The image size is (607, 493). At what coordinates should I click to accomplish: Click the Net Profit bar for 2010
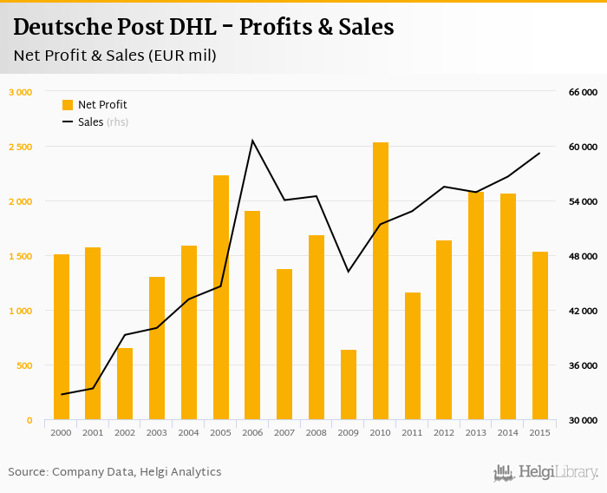pyautogui.click(x=381, y=281)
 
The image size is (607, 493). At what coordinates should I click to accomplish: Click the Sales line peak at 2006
pyautogui.click(x=252, y=141)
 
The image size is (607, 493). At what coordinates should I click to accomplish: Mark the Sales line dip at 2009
pyautogui.click(x=349, y=272)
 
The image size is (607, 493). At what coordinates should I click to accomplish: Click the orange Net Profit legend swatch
pyautogui.click(x=68, y=105)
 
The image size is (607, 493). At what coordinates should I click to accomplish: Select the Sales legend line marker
pyautogui.click(x=68, y=122)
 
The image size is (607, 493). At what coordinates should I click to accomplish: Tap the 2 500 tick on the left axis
pyautogui.click(x=21, y=147)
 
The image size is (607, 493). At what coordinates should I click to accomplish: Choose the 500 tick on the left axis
pyautogui.click(x=24, y=365)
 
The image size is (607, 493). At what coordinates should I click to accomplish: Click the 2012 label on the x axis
pyautogui.click(x=444, y=432)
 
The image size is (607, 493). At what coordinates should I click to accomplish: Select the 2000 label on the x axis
pyautogui.click(x=61, y=432)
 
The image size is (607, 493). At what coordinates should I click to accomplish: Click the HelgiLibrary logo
pyautogui.click(x=546, y=472)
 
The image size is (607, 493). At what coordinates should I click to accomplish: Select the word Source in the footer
pyautogui.click(x=27, y=472)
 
